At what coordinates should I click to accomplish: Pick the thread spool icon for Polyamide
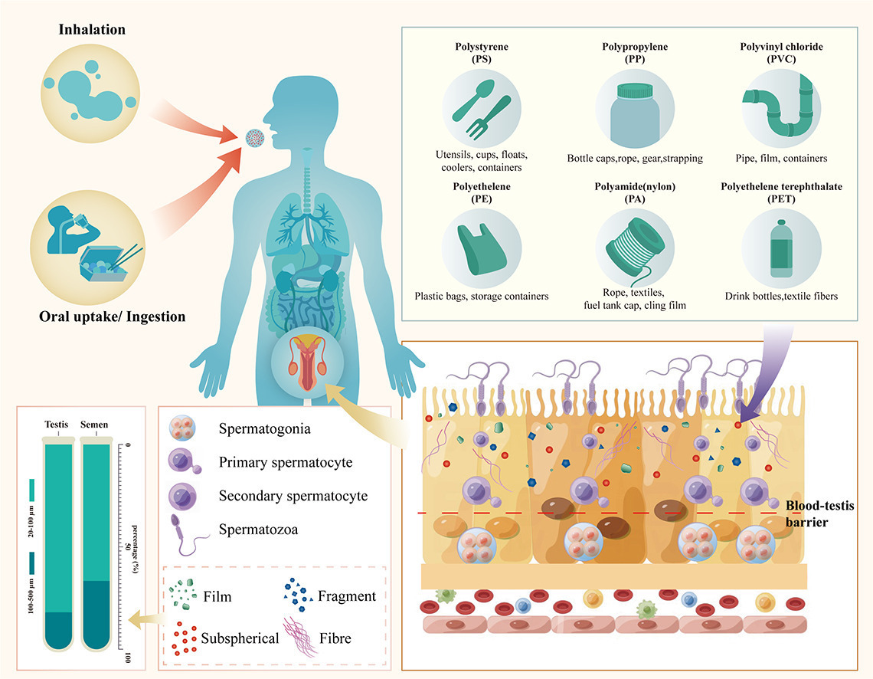coord(633,244)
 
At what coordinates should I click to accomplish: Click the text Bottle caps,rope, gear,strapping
coord(635,159)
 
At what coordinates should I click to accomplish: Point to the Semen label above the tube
coord(96,425)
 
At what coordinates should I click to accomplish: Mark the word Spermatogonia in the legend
coord(264,428)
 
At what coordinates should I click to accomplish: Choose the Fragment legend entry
coord(347,595)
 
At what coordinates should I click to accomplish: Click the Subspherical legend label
coord(240,637)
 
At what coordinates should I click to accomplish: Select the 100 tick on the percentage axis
coord(127,658)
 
